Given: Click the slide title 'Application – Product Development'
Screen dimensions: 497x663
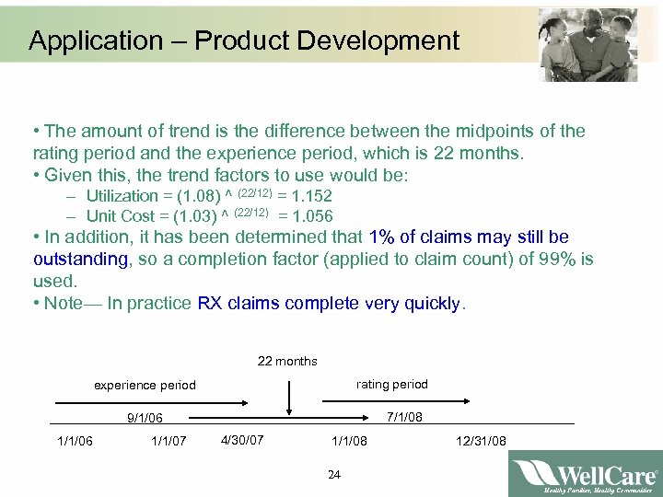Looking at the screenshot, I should [x=243, y=40].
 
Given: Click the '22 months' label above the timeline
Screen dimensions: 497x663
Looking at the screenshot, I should [x=287, y=361].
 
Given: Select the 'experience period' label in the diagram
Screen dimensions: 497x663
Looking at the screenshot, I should [x=145, y=385].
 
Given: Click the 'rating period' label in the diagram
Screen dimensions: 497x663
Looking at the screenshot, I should [x=392, y=384].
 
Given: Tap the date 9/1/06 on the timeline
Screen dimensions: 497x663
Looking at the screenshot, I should [x=145, y=418].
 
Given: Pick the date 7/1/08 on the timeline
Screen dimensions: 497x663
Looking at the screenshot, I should [x=404, y=417].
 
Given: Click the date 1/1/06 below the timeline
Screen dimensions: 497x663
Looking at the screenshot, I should [x=75, y=442].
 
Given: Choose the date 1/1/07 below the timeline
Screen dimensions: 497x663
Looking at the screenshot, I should [x=169, y=442].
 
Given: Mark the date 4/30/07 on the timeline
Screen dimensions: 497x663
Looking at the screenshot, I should [x=242, y=440].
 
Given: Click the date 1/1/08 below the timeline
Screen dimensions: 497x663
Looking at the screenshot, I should [x=349, y=442].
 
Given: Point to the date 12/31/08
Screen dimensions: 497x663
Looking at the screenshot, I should [x=481, y=442].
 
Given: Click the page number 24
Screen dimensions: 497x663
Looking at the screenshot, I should [x=333, y=475].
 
